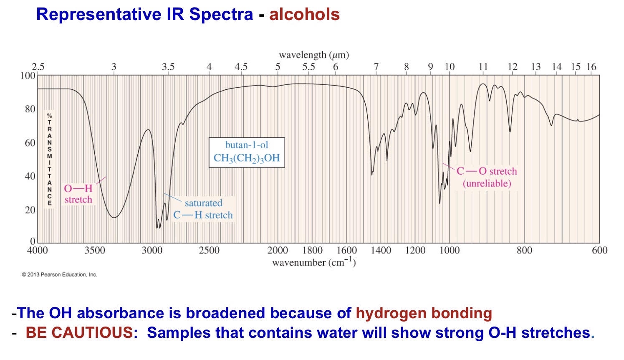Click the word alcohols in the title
coord(304,15)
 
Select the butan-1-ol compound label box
coord(247,152)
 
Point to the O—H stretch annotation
coord(78,194)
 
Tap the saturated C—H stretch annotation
coord(203,209)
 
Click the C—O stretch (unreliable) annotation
coord(487,177)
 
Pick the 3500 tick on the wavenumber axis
coord(95,250)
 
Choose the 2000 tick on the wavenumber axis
coord(278,250)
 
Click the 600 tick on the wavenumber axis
coord(599,250)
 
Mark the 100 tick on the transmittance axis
coord(28,76)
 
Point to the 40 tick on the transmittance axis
coord(30,176)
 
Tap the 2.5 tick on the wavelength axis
coord(38,67)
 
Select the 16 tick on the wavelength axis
coord(591,67)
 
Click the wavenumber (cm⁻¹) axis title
coord(314,262)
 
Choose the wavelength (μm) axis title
coord(314,55)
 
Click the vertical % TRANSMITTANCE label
coord(50,159)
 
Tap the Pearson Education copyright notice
coord(59,274)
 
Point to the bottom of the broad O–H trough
coord(114,217)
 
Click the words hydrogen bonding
coord(424,313)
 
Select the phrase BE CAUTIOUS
coord(79,333)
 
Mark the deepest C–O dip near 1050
coord(440,203)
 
